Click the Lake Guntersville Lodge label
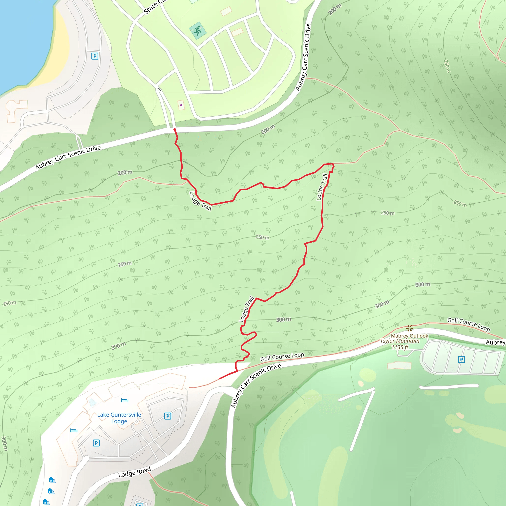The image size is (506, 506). [x=119, y=418]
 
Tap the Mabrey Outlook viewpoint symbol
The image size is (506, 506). [x=410, y=328]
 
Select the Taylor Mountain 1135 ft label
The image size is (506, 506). [x=400, y=344]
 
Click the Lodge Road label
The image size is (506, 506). [x=134, y=472]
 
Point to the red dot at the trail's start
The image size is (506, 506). [x=175, y=130]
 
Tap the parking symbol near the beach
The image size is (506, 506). [x=95, y=56]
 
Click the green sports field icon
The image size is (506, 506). [x=198, y=30]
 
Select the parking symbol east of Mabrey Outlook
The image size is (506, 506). [x=462, y=359]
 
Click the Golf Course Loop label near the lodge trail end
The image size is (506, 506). [x=282, y=357]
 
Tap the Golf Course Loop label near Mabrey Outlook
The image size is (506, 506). [x=468, y=324]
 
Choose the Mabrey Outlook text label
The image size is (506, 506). [x=409, y=336]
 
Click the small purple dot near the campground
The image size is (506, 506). [x=181, y=105]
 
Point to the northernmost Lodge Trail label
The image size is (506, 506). [x=322, y=187]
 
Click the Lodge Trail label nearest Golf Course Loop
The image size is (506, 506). [x=246, y=309]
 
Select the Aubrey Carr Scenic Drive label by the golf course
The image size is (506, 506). [x=256, y=385]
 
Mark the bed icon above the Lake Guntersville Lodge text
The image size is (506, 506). [x=125, y=400]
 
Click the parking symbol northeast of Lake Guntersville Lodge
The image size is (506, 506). [x=168, y=416]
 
